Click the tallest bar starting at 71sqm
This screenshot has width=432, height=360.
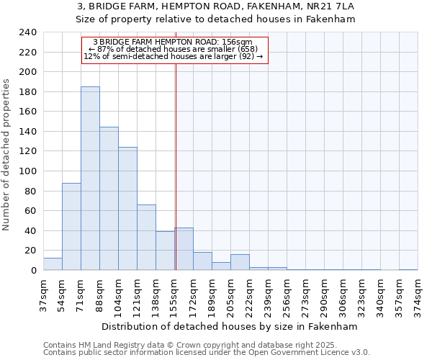(90, 179)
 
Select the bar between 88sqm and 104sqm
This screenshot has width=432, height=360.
(109, 199)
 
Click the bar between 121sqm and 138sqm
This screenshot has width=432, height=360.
(146, 238)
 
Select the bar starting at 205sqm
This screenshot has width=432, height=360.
(240, 263)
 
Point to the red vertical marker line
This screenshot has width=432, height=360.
(176, 166)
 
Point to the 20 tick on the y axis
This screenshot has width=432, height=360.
(30, 251)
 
